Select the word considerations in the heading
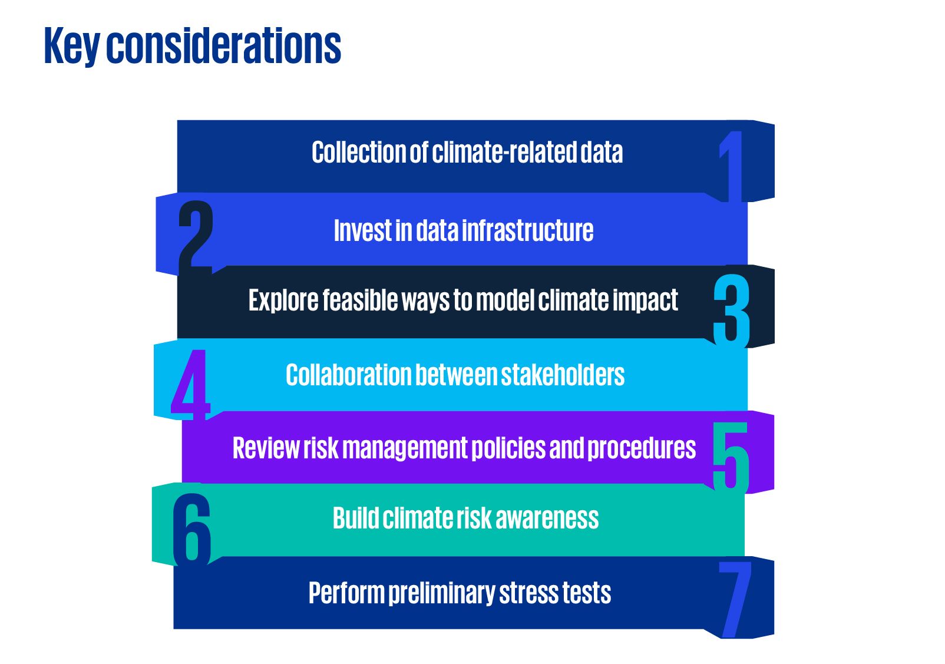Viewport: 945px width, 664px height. (x=224, y=45)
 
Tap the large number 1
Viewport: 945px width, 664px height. (x=731, y=167)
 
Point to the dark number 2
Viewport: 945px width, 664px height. (x=196, y=238)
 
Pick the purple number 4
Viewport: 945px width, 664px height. (x=190, y=385)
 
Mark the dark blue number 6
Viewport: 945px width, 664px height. (x=191, y=530)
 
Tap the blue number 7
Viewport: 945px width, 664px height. (x=735, y=600)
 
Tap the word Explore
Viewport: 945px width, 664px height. (x=283, y=301)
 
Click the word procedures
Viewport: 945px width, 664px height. (x=641, y=448)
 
